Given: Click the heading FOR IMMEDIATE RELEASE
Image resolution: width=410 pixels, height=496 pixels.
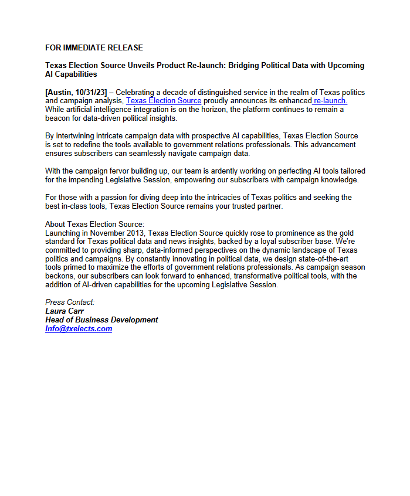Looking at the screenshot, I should click(94, 47).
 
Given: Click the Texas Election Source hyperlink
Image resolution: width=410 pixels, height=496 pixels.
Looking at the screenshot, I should click(164, 101).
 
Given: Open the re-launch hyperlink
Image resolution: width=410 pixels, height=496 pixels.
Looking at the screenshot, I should click(331, 101).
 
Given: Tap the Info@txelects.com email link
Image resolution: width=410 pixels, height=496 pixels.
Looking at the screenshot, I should click(79, 329).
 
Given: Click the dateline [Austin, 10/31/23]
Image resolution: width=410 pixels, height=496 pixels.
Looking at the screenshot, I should click(76, 93).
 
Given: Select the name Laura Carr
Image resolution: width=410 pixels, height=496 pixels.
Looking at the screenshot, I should click(65, 311).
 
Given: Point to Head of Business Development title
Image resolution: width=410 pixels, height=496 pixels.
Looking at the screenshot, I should click(101, 320).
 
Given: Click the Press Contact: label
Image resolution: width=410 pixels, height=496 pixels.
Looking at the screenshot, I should click(70, 303).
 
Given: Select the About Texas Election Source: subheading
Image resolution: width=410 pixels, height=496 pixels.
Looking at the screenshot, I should click(94, 224).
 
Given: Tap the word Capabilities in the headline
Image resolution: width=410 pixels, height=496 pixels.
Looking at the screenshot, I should click(76, 74).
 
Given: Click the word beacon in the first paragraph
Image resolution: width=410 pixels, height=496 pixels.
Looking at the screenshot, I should click(58, 118).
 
